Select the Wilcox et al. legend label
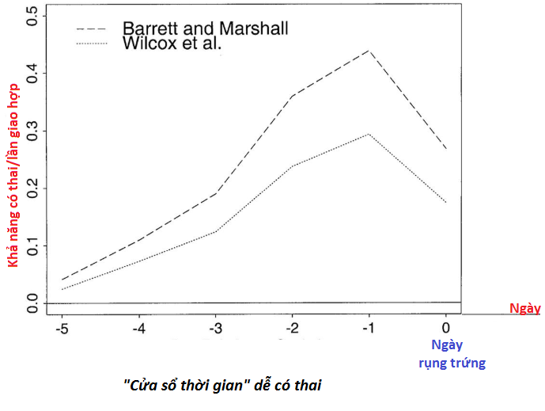click(172, 44)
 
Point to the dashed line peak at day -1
click(369, 51)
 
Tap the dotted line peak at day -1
click(369, 134)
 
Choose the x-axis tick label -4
click(138, 327)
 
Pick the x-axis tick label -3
click(214, 327)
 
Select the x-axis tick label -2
click(291, 327)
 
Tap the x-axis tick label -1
click(368, 327)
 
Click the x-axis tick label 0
click(445, 327)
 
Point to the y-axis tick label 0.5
click(32, 16)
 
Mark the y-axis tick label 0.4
click(32, 74)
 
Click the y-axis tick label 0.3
click(32, 131)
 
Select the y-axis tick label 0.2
click(32, 188)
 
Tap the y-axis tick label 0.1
click(32, 245)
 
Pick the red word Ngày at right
click(524, 309)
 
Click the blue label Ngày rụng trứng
click(452, 354)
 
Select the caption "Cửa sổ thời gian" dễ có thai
click(224, 385)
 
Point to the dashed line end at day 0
click(445, 149)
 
